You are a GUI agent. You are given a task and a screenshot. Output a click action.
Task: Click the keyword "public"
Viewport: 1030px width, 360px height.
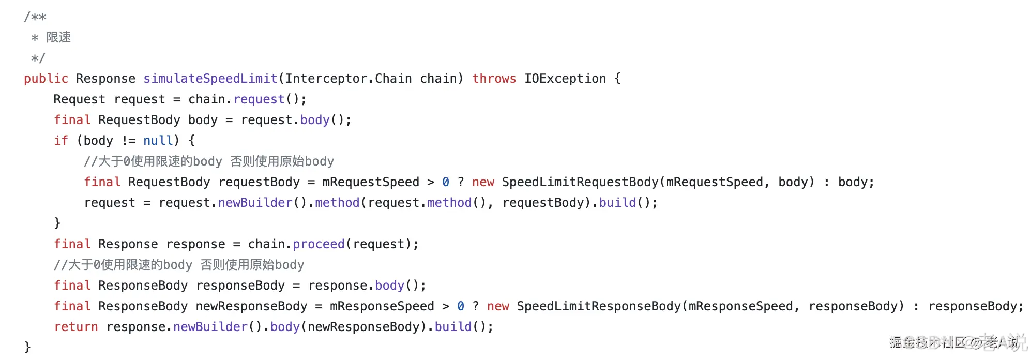(x=46, y=79)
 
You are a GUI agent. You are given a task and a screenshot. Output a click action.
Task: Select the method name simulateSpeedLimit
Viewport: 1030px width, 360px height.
(x=210, y=79)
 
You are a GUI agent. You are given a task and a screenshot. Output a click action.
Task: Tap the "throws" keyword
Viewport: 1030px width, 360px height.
(x=494, y=79)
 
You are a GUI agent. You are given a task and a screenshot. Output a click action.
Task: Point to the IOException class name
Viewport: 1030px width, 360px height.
(x=565, y=79)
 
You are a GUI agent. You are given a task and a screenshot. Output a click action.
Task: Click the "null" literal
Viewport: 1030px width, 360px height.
(x=158, y=141)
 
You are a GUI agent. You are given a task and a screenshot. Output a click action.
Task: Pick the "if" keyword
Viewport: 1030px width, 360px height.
(x=61, y=141)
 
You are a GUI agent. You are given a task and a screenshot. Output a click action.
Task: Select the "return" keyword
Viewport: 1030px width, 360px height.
(x=76, y=327)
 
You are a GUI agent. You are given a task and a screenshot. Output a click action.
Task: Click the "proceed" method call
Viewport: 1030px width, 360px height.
(x=319, y=244)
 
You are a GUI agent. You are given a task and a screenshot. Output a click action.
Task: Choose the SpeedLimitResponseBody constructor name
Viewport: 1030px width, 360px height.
(x=599, y=306)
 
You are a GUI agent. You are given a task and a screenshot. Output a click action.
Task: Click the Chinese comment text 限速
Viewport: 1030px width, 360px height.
(x=58, y=37)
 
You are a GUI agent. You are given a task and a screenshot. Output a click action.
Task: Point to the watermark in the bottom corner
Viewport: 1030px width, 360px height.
(x=957, y=342)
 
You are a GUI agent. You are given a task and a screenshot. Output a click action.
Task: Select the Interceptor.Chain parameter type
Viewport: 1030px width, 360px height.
(x=349, y=79)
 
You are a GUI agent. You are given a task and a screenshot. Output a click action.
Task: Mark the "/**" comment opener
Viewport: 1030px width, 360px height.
(x=35, y=17)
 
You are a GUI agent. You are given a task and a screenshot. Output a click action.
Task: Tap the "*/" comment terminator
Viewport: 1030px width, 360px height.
(x=38, y=58)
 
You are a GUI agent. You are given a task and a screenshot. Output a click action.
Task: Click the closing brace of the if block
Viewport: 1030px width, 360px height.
(x=57, y=223)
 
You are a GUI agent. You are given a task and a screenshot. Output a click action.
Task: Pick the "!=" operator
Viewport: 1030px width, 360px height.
(x=129, y=141)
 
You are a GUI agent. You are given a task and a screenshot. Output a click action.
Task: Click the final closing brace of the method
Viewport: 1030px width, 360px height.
(x=27, y=347)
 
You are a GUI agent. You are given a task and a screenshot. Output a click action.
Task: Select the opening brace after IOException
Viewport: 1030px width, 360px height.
(x=617, y=79)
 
